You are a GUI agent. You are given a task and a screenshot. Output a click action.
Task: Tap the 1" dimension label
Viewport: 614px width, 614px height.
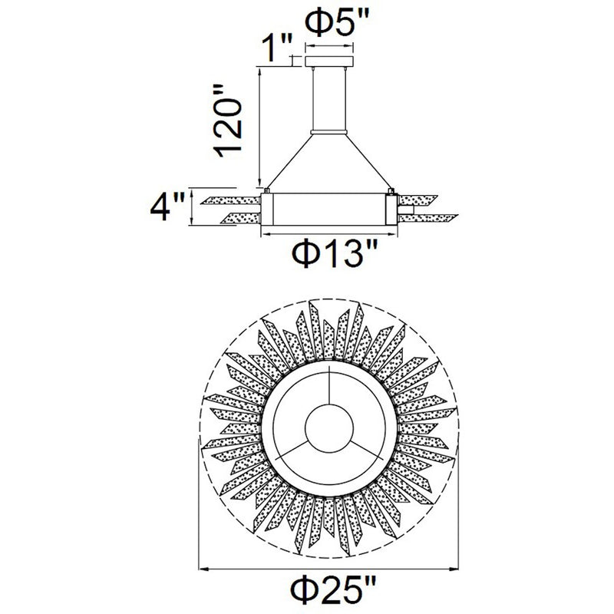(x=277, y=48)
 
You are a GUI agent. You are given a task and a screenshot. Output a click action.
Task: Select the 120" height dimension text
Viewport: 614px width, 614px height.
(x=227, y=120)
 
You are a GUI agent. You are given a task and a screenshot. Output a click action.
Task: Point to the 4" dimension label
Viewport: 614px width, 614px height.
(x=167, y=207)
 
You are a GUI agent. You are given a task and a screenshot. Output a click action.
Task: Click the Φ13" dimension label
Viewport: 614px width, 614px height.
(x=335, y=253)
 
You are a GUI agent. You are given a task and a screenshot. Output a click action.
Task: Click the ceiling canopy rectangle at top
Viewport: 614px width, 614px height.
(x=329, y=61)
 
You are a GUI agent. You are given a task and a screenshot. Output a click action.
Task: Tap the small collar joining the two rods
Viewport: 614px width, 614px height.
(x=329, y=132)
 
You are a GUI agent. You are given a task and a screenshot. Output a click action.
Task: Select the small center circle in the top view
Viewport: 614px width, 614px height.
(x=329, y=428)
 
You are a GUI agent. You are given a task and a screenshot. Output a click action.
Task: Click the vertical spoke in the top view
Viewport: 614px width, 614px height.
(x=329, y=385)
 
